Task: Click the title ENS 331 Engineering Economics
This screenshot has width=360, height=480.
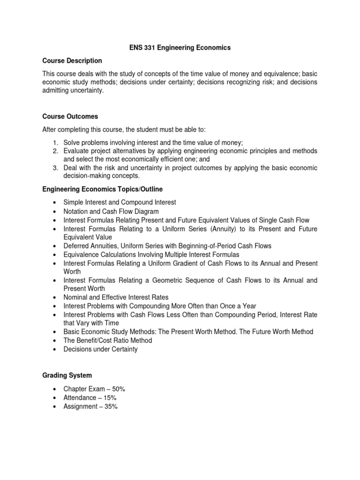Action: point(180,48)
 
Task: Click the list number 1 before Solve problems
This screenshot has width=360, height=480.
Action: point(55,142)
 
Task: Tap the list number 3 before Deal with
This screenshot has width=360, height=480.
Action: point(55,168)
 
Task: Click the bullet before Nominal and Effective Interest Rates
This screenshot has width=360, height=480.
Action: point(55,298)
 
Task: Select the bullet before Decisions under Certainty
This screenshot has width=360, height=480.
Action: point(55,349)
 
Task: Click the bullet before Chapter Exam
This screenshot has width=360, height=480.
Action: point(55,390)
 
